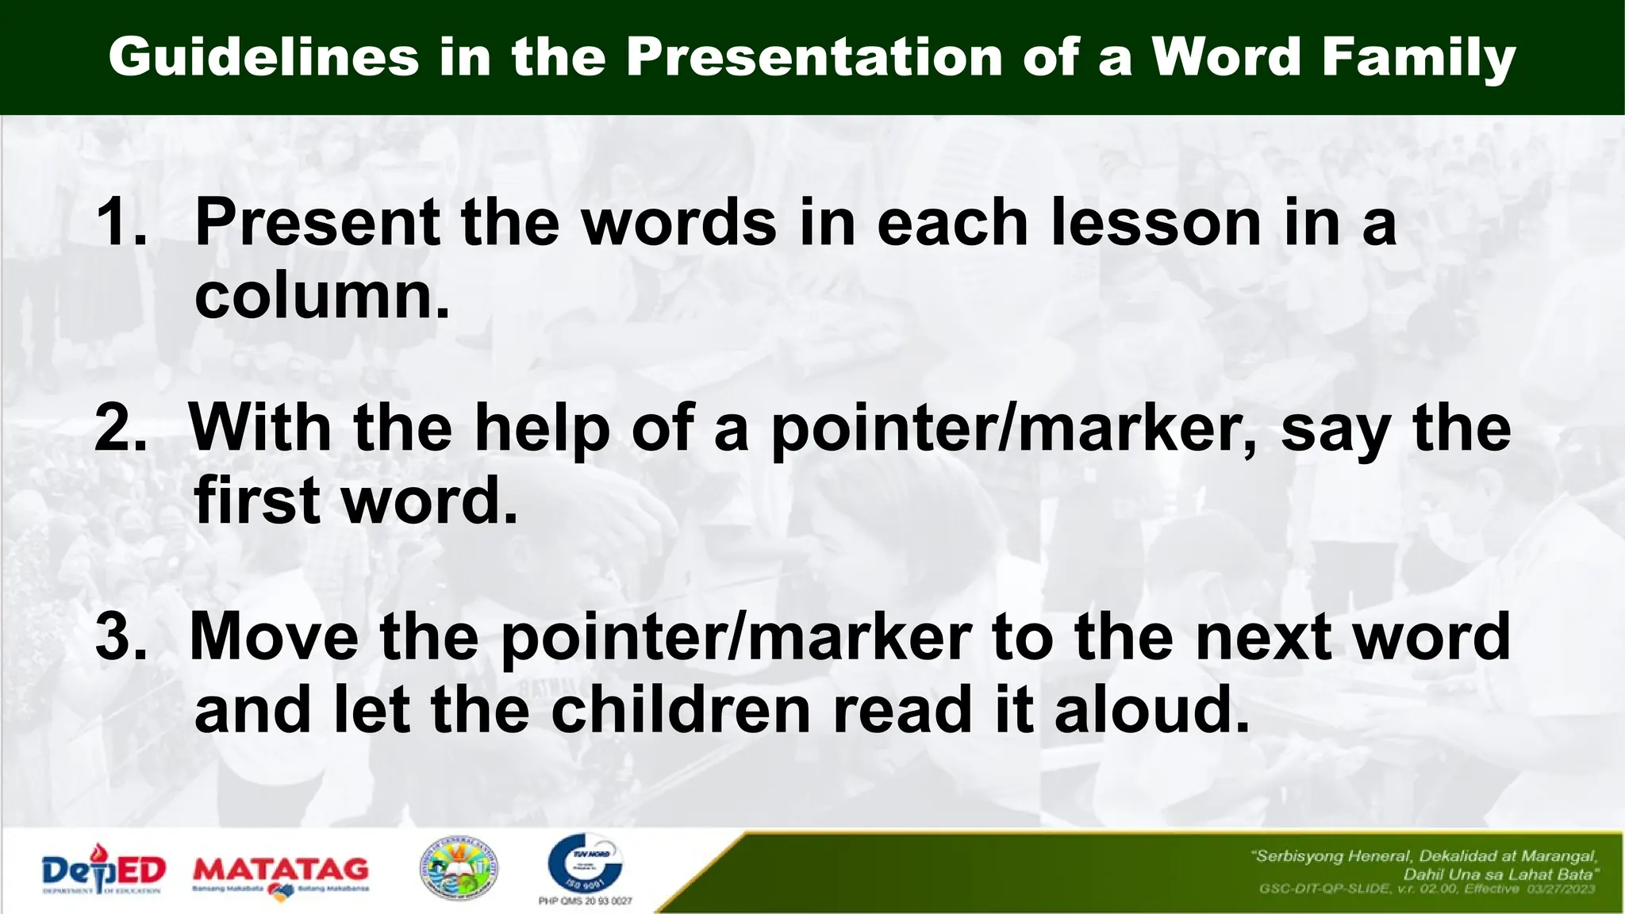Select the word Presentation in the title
point(814,57)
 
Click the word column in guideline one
point(321,297)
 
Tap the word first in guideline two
point(256,501)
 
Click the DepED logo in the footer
point(103,871)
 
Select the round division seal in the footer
point(459,870)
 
